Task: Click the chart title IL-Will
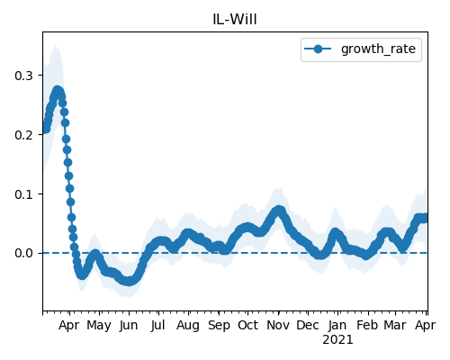[x=235, y=20]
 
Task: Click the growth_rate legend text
[x=378, y=49]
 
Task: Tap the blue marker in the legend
[x=318, y=49]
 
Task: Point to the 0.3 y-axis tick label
[x=23, y=76]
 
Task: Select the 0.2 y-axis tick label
[x=23, y=135]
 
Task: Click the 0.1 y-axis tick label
[x=23, y=194]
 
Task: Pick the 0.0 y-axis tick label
[x=23, y=254]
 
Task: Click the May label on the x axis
[x=99, y=326]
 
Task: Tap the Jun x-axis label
[x=129, y=326]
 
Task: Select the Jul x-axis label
[x=158, y=326]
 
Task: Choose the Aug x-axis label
[x=188, y=326]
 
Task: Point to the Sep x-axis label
[x=219, y=326]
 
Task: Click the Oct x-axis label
[x=247, y=325]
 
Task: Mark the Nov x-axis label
[x=278, y=325]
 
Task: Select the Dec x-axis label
[x=308, y=325]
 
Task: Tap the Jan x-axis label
[x=337, y=325]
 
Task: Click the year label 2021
[x=337, y=340]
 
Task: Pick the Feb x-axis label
[x=367, y=325]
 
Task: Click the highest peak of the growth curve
[x=58, y=90]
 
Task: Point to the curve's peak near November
[x=279, y=210]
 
